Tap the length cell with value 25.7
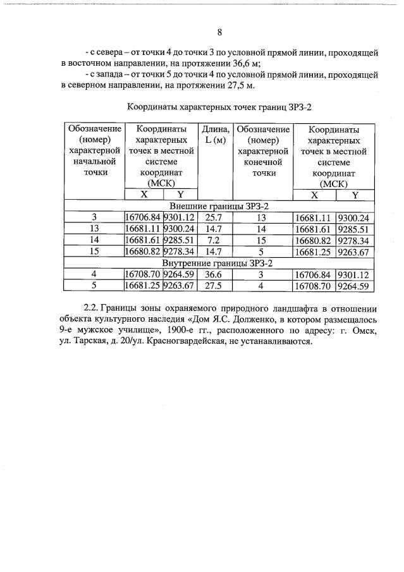216,218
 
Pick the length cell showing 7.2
216,241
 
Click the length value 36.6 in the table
216,275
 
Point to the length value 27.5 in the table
216,286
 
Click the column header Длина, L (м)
216,134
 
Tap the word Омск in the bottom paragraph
364,330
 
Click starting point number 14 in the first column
95,241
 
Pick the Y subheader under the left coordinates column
180,195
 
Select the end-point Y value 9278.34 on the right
354,241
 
